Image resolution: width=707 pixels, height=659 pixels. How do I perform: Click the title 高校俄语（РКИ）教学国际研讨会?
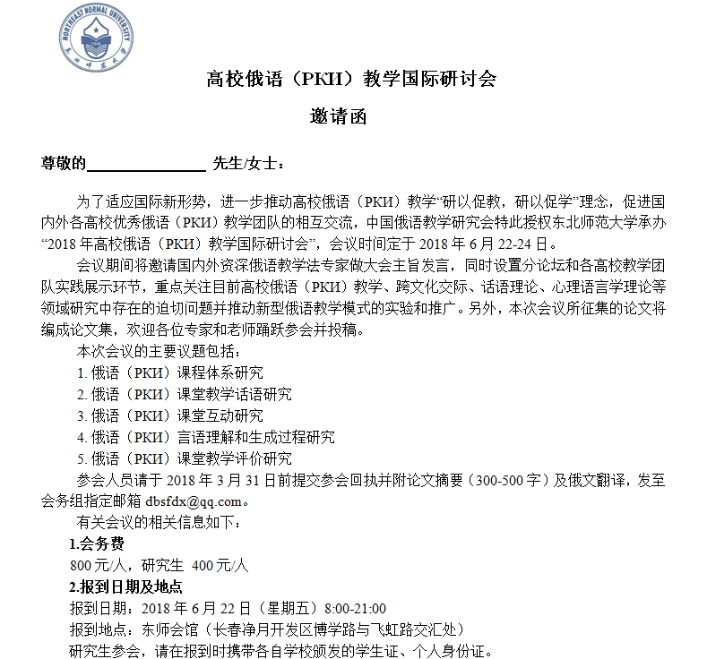coord(351,79)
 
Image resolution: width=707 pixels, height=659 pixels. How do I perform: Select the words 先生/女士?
coord(246,163)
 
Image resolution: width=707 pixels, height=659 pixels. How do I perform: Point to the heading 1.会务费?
coord(97,543)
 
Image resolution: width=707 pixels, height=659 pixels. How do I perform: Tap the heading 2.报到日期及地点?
coord(126,586)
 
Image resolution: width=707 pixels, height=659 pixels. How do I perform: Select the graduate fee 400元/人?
coord(220,565)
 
